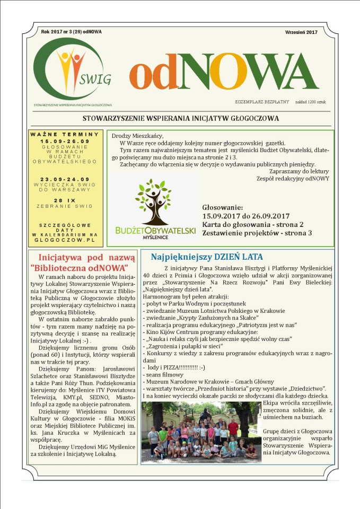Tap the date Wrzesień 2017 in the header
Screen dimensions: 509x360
tap(302, 32)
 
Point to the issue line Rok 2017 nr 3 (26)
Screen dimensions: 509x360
tap(71, 32)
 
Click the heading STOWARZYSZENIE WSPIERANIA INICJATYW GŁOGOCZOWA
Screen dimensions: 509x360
tap(181, 118)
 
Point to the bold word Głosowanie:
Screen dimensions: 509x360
tap(223, 207)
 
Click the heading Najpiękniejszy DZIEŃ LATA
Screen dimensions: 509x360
tap(206, 257)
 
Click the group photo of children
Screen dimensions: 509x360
tap(201, 432)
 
